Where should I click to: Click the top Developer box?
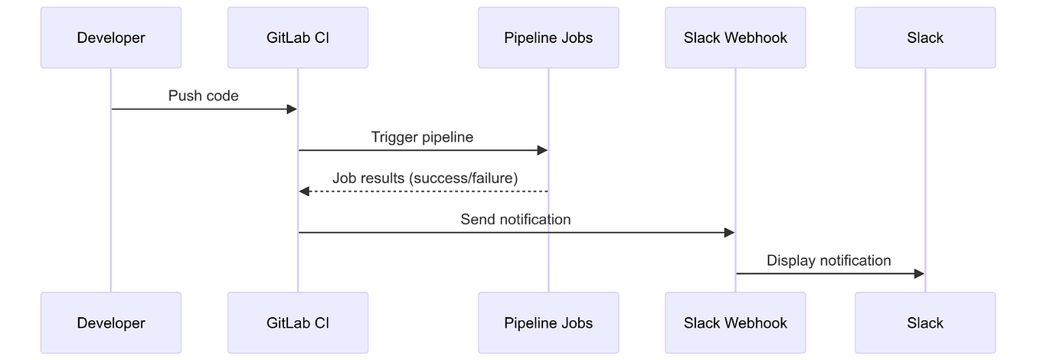[x=111, y=38]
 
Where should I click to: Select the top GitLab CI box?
[x=298, y=38]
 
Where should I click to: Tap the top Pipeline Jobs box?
[x=548, y=38]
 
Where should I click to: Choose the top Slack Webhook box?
[x=735, y=38]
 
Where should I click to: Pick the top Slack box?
[x=925, y=38]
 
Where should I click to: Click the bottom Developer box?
[x=111, y=322]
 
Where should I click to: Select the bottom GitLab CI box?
[x=298, y=322]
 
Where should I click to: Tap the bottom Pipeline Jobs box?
[x=548, y=322]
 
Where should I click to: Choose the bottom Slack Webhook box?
[x=735, y=322]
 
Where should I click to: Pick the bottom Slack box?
[x=925, y=322]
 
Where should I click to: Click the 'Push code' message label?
[x=204, y=96]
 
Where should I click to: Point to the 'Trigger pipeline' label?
[x=422, y=137]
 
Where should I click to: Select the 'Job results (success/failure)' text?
[x=425, y=178]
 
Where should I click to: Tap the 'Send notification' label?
[x=515, y=220]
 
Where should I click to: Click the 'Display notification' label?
[x=829, y=261]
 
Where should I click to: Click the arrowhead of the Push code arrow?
[x=292, y=110]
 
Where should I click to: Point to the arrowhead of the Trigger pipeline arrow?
[x=542, y=151]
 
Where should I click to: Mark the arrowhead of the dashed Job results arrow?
[x=304, y=191]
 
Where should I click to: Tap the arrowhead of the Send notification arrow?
[x=729, y=233]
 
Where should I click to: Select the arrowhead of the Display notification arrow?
[x=919, y=274]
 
